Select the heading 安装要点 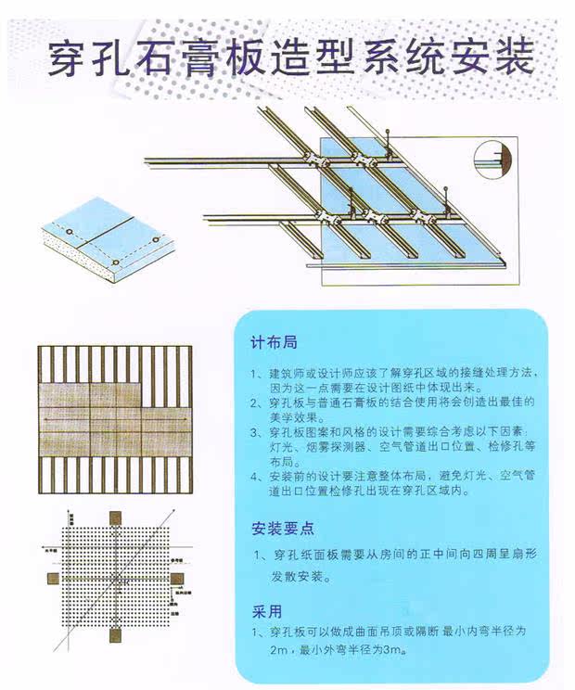coord(283,529)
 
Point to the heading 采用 coord(267,612)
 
